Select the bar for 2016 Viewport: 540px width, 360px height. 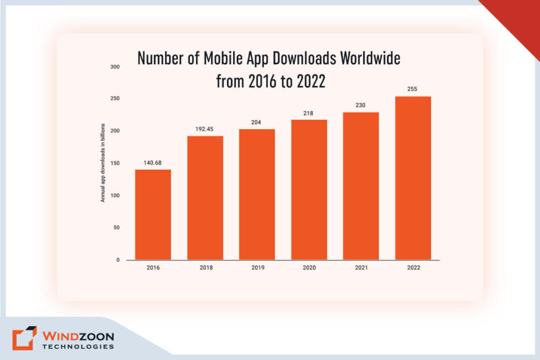(x=153, y=215)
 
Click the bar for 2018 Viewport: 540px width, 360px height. (x=205, y=198)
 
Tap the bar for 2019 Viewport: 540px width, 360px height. (x=257, y=194)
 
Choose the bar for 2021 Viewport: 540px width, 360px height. (x=361, y=186)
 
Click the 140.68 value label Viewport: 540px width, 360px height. (x=153, y=163)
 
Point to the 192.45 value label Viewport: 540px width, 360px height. (x=205, y=129)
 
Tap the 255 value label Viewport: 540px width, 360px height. (x=413, y=89)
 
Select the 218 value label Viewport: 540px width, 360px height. (x=309, y=113)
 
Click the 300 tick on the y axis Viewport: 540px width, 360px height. (x=114, y=67)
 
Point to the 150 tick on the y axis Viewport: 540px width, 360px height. (x=114, y=163)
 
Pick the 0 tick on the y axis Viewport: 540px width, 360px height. (x=118, y=260)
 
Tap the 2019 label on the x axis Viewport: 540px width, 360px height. (x=257, y=268)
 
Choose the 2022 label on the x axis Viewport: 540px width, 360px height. (x=413, y=268)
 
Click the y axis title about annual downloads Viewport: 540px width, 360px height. (x=103, y=163)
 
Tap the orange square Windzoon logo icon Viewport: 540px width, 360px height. (x=24, y=338)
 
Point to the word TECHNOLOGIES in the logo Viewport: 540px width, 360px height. (x=78, y=347)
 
